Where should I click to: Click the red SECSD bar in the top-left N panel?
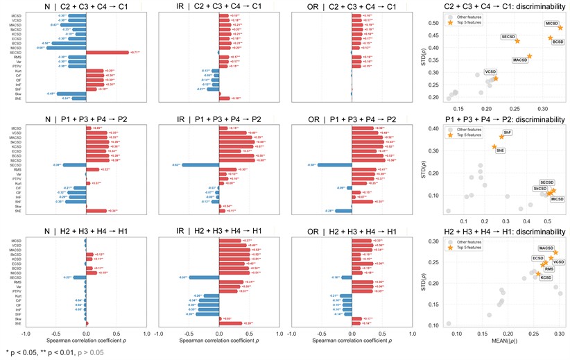tap(107, 52)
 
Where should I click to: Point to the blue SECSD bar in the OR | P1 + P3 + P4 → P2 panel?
tap(334, 164)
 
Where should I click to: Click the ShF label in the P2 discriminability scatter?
tap(508, 132)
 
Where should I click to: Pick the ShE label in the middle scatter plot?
tap(500, 150)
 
